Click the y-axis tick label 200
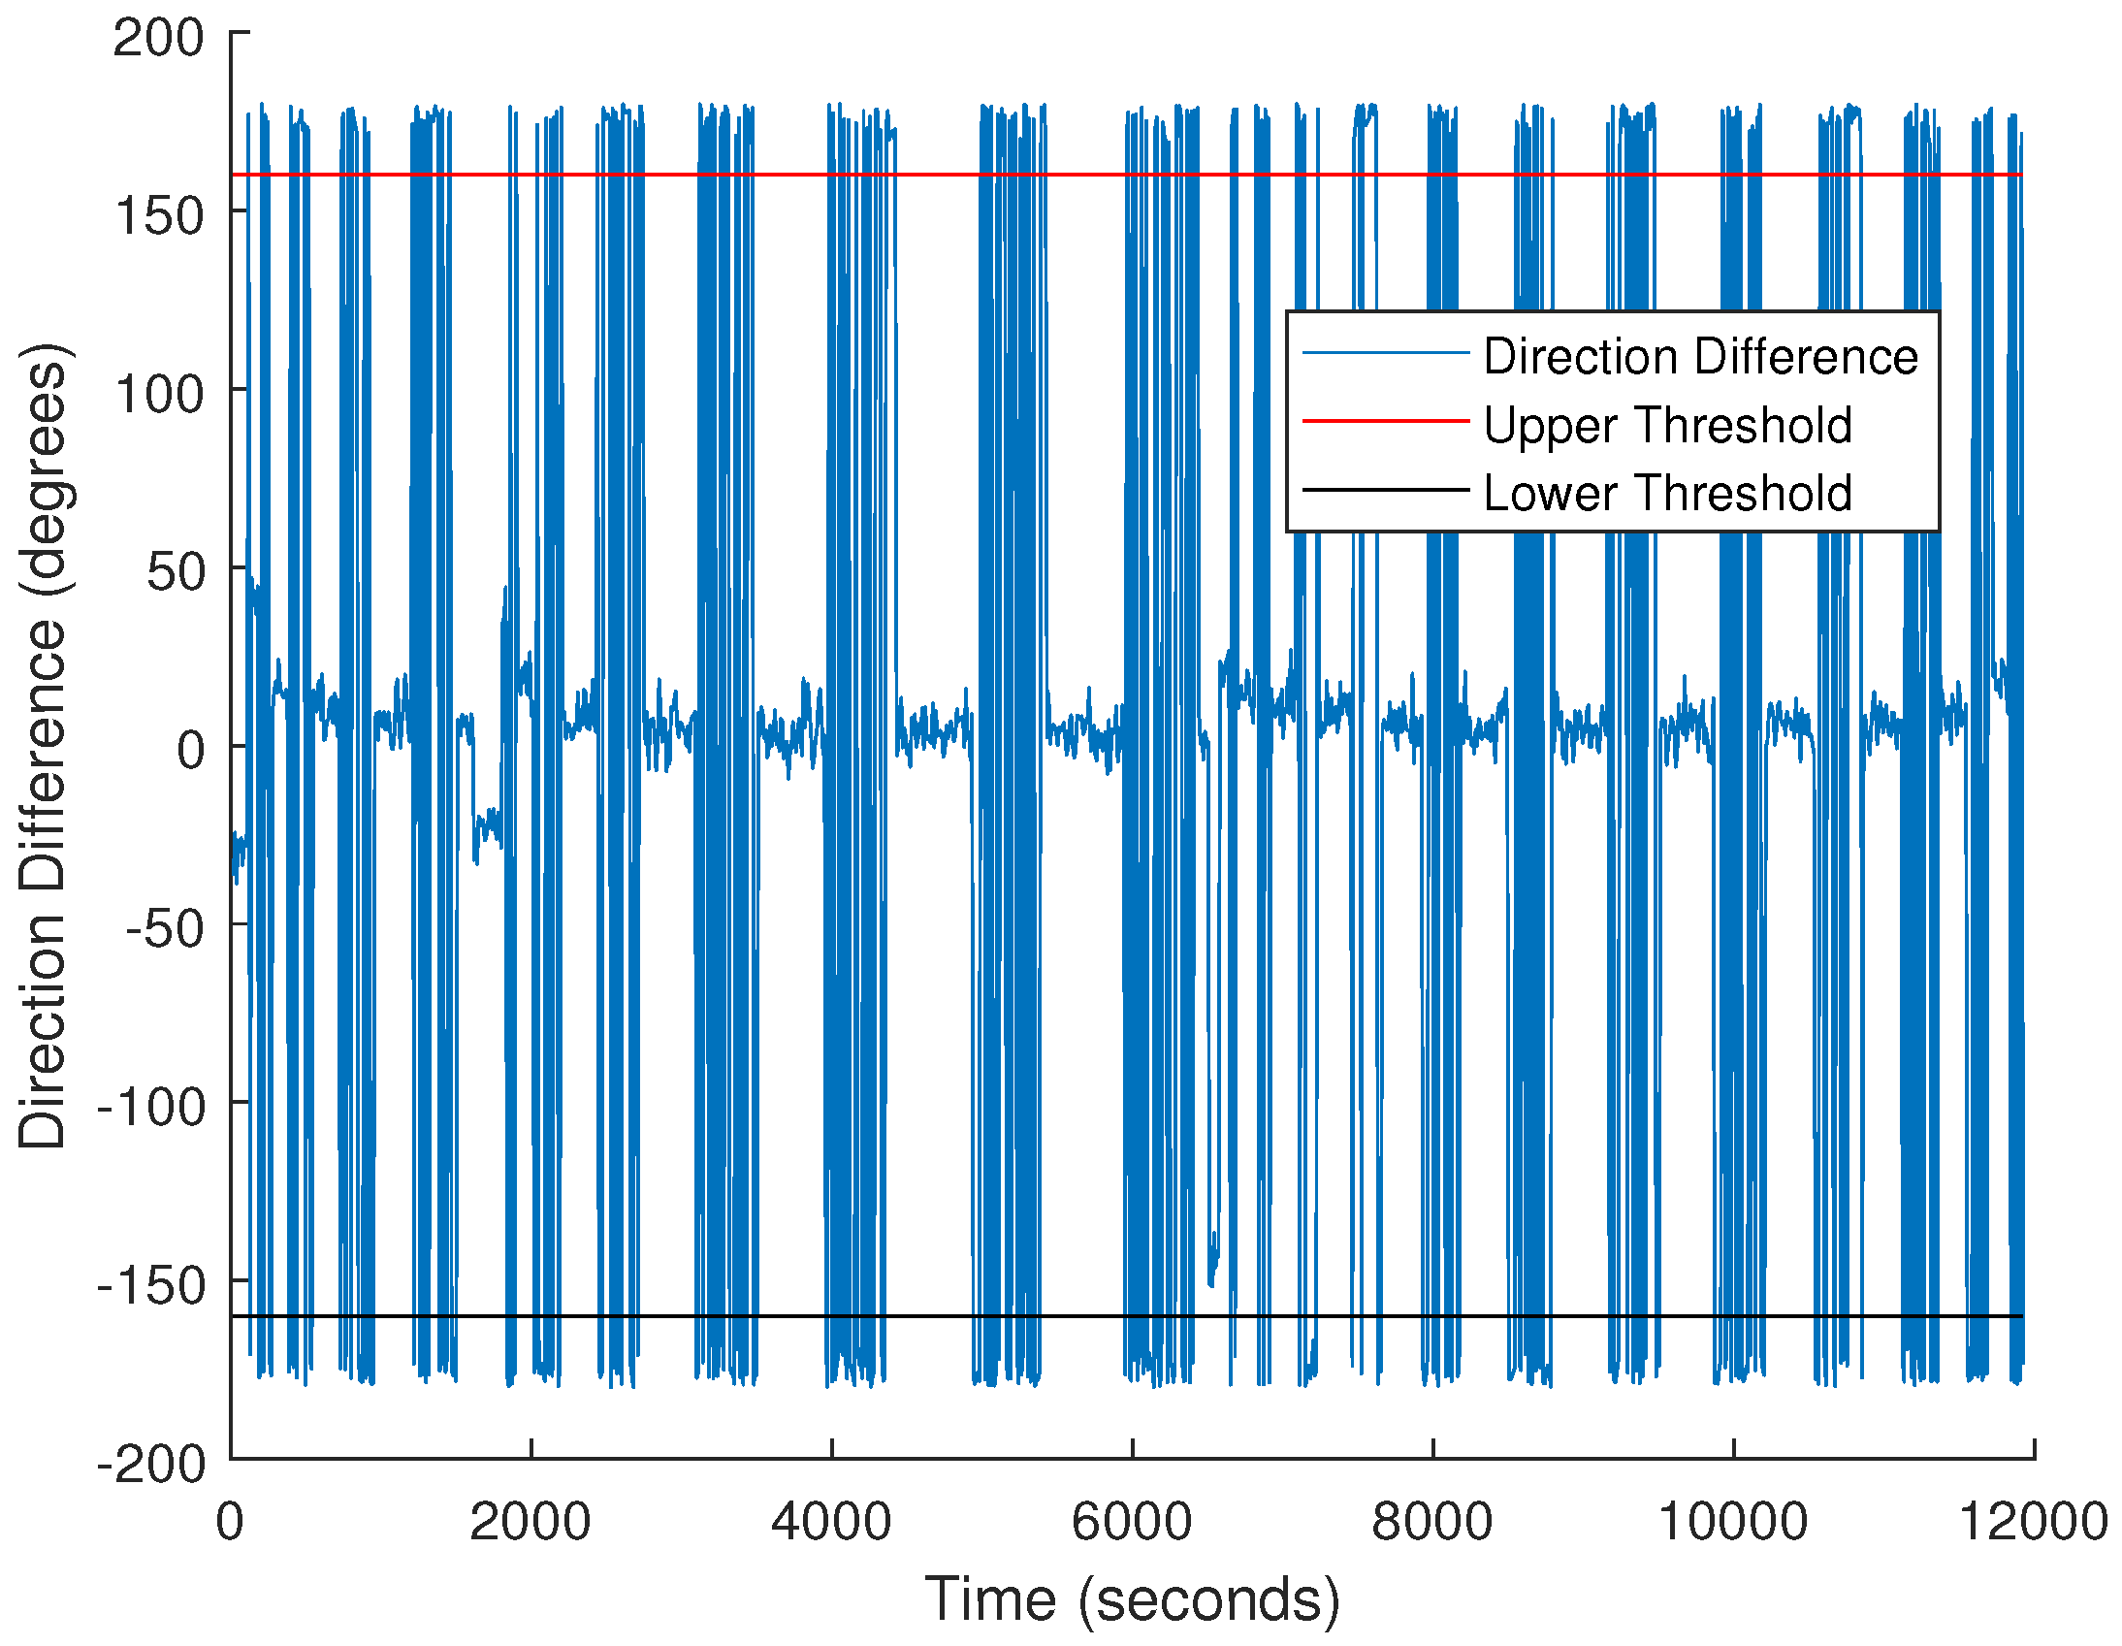point(158,39)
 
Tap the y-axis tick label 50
point(176,571)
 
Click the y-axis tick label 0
point(191,750)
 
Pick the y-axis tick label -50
point(165,929)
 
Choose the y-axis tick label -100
point(151,1107)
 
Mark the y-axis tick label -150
point(151,1285)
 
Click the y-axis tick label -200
point(151,1464)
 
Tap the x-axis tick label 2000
point(530,1522)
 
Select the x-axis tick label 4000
point(832,1522)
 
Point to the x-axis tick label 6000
point(1132,1522)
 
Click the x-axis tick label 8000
point(1432,1522)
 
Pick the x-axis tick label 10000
point(1733,1522)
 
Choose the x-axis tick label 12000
point(2034,1522)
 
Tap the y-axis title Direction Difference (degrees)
point(43,746)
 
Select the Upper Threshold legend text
point(1667,425)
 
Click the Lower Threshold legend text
point(1667,493)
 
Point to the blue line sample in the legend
point(1385,353)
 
